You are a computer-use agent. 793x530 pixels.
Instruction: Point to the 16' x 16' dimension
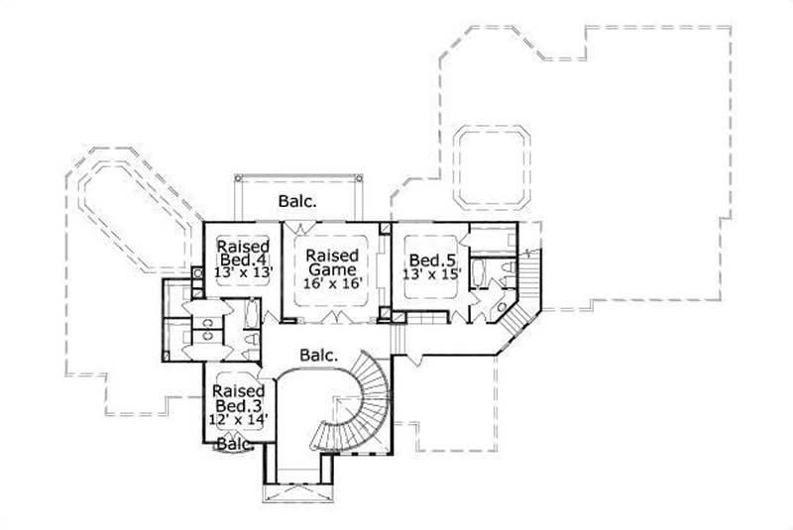point(332,283)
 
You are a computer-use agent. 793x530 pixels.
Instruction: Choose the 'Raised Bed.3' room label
point(237,399)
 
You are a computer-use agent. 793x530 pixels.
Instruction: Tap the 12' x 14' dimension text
point(238,420)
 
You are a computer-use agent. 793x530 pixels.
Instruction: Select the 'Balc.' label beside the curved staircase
point(320,354)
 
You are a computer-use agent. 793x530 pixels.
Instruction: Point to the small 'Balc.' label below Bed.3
point(235,445)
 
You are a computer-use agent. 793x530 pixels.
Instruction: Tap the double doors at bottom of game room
point(332,318)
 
